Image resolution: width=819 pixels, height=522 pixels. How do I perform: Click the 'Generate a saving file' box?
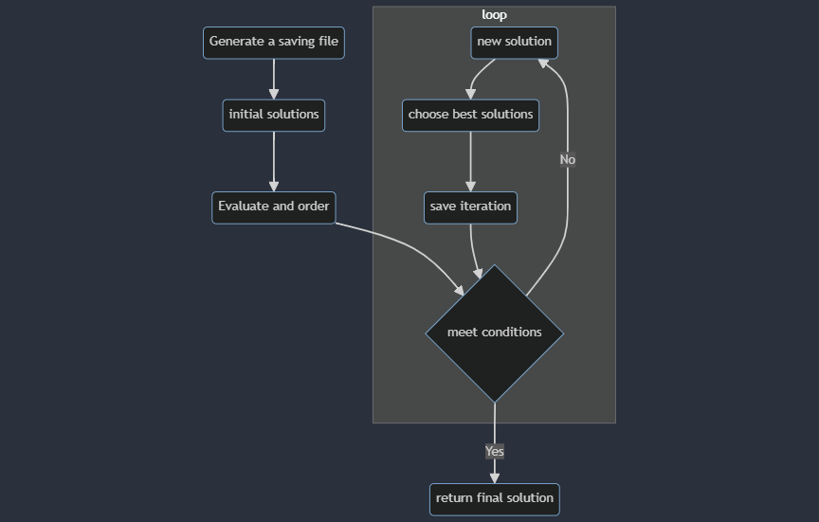[x=273, y=43]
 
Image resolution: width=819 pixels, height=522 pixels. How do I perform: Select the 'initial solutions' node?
[x=273, y=115]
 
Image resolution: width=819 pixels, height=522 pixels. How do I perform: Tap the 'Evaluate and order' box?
[x=273, y=207]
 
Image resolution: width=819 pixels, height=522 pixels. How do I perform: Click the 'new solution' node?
[x=514, y=43]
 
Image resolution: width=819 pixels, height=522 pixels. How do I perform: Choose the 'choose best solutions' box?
[x=470, y=115]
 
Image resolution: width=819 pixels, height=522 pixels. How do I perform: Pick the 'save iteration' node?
[x=470, y=207]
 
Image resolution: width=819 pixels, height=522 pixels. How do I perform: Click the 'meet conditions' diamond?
[x=494, y=333]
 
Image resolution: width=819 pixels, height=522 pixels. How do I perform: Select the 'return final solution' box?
[x=494, y=498]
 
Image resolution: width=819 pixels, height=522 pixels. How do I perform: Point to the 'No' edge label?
[x=567, y=160]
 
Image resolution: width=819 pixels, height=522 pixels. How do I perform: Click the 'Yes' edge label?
[x=494, y=452]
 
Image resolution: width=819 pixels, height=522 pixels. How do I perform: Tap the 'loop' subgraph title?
[x=494, y=15]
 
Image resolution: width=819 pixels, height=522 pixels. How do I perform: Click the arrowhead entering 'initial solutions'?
[x=274, y=93]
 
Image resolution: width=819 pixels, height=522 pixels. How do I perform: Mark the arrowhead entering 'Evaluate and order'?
[x=274, y=186]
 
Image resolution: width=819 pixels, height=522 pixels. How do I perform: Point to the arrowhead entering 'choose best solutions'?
[x=470, y=94]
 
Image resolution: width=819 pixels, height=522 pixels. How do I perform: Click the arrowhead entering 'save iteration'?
[x=470, y=186]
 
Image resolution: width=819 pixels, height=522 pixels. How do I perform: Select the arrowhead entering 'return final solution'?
[x=494, y=477]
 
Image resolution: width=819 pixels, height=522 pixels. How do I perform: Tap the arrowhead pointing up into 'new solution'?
[x=543, y=63]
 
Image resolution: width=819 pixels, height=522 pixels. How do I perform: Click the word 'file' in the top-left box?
[x=327, y=42]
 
